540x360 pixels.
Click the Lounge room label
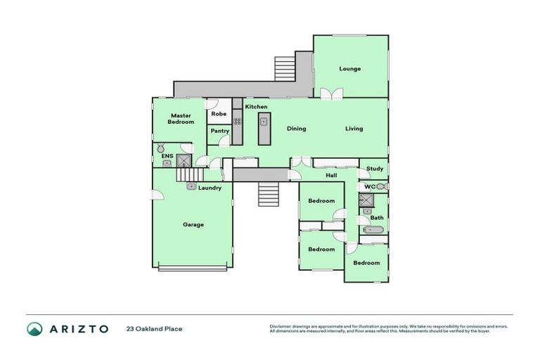point(349,69)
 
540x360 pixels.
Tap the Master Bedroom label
point(181,118)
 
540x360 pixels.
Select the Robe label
point(218,113)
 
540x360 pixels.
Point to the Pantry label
point(219,131)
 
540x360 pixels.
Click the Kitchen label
point(256,106)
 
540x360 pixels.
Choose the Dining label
point(296,129)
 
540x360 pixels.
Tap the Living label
point(354,129)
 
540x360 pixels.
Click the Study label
point(375,169)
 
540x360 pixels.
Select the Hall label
point(331,175)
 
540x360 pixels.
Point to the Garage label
point(193,225)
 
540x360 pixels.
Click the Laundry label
point(210,188)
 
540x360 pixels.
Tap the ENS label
point(166,156)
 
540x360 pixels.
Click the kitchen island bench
point(264,130)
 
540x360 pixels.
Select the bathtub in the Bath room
point(372,230)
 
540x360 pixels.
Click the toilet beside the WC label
point(380,186)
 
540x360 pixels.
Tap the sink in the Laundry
point(191,186)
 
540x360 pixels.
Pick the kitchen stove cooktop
point(238,121)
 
